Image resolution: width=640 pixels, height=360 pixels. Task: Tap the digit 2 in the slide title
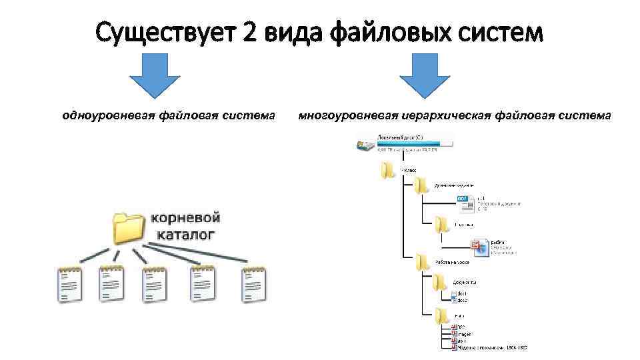tap(251, 31)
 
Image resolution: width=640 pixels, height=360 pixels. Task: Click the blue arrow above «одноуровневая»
tap(154, 75)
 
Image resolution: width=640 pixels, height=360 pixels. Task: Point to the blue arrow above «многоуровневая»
tap(425, 75)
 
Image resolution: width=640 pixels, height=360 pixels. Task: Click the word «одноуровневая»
tap(108, 115)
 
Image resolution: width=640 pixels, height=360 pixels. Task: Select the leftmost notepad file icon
tap(69, 285)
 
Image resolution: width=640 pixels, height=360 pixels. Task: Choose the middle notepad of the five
tap(155, 285)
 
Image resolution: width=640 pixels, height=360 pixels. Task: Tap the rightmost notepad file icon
tap(254, 285)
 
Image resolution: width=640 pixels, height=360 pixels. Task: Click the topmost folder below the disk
tap(389, 170)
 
